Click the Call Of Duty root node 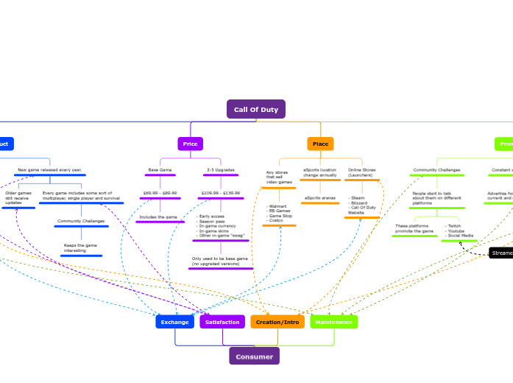[x=255, y=109]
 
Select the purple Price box [x=190, y=144]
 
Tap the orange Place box [x=320, y=144]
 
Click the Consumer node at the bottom [x=254, y=356]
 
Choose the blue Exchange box [x=174, y=322]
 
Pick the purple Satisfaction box [x=222, y=322]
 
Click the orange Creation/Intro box [x=277, y=322]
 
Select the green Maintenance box [x=334, y=322]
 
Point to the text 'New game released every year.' [x=50, y=169]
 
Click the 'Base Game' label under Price [x=160, y=170]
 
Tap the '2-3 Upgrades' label [x=220, y=170]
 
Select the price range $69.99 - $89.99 [x=160, y=192]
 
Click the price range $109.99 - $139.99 [x=220, y=192]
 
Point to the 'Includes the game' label [x=158, y=217]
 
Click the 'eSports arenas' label [x=320, y=198]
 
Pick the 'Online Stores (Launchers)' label [x=362, y=172]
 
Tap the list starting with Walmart [x=279, y=214]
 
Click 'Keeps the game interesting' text [x=81, y=248]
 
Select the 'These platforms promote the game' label [x=414, y=229]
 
